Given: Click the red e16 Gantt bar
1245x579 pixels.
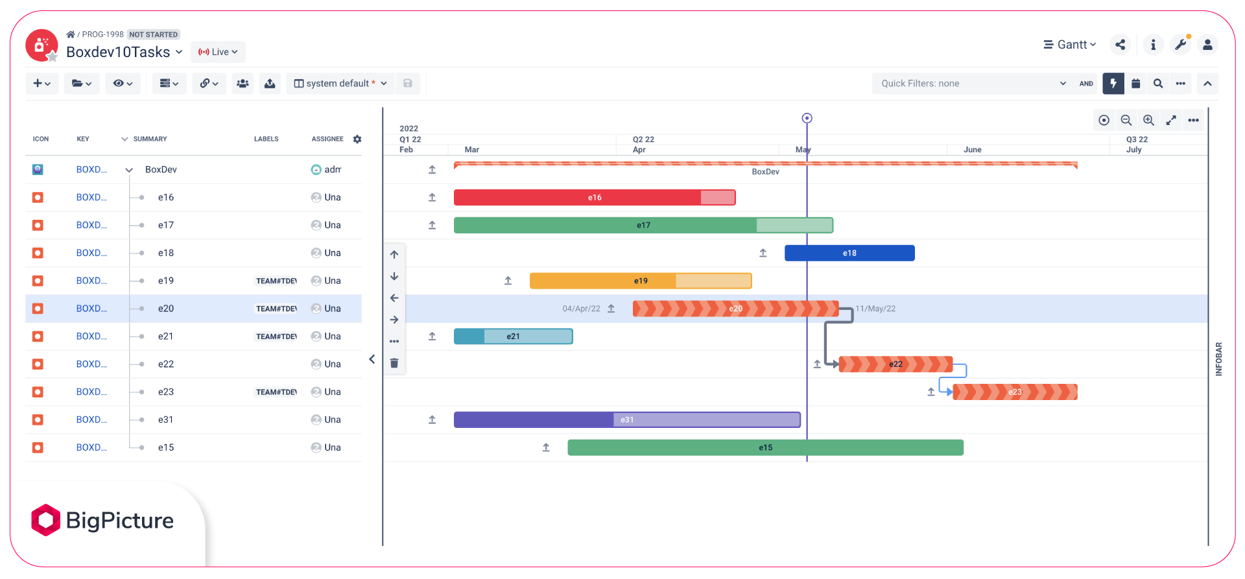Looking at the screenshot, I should point(594,197).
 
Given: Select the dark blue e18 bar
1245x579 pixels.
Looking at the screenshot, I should point(849,253).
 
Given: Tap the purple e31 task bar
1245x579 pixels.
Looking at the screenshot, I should point(626,419).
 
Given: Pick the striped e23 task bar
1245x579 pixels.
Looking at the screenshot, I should point(1014,392).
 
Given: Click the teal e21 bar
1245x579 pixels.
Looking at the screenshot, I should point(512,337).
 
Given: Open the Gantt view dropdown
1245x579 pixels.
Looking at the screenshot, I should point(1069,45).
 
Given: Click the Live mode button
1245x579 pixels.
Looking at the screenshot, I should point(218,52).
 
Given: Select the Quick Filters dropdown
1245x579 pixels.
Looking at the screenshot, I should point(972,84).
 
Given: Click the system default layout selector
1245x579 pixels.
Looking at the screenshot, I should point(340,84).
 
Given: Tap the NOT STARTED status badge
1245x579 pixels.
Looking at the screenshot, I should point(153,34).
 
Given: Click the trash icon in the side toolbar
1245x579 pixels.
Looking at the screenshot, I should point(394,363).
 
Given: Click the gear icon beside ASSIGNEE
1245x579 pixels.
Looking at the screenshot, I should point(357,139).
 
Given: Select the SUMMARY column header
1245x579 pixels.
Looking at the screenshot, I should point(150,139).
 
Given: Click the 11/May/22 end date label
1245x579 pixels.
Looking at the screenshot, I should point(875,309).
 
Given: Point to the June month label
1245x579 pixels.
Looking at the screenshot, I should point(972,150).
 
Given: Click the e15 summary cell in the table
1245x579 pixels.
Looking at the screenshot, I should point(166,447).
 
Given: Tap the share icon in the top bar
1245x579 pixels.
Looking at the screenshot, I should point(1120,45).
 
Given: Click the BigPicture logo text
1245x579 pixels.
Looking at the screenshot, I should point(119,521).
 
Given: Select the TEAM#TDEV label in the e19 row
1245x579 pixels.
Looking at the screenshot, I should point(276,281).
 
